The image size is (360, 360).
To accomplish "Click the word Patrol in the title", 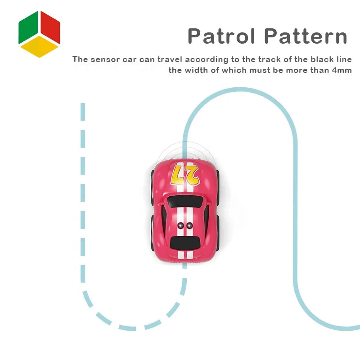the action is coord(221,36).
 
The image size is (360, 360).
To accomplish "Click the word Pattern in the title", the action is coord(306,36).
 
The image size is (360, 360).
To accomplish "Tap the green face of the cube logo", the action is coord(28,27).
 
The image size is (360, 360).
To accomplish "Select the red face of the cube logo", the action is coord(50,27).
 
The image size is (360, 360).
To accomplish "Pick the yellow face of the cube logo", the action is coord(39,47).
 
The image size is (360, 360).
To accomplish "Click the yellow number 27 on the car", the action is coord(185,175).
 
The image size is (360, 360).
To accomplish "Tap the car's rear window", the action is coord(185,243).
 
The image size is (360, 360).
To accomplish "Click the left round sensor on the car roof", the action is coord(181,225).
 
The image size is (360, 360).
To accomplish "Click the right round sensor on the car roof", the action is coord(189,225).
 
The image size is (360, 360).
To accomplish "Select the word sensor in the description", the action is coord(105,59).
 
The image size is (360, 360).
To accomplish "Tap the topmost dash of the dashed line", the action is coord(83,112).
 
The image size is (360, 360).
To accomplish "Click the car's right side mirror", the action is coord(208,203).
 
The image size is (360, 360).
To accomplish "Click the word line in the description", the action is coord(344,59).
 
